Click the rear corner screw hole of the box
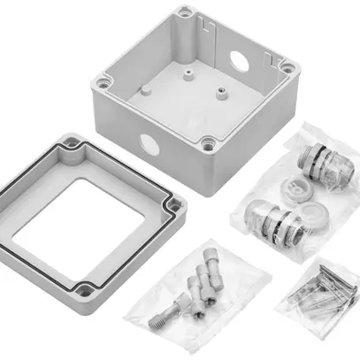pos(185,12)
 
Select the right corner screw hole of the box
pos(286,66)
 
